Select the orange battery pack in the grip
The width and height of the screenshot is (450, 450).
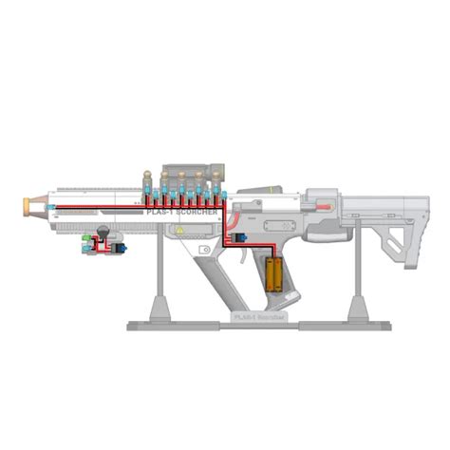pyautogui.click(x=275, y=273)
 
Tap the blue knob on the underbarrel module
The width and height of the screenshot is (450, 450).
pyautogui.click(x=119, y=249)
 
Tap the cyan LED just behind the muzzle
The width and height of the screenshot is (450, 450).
pyautogui.click(x=48, y=206)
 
